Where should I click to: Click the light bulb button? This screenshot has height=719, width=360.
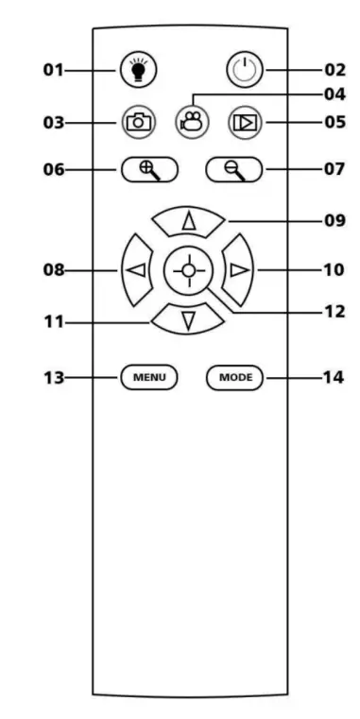point(138,70)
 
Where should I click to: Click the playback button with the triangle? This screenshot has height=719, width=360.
point(243,122)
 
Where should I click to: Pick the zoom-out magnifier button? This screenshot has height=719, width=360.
point(232,170)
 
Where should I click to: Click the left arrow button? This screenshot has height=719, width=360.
point(136,269)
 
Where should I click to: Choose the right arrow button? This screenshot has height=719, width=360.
point(241,269)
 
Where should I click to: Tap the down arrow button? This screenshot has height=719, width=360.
point(189,319)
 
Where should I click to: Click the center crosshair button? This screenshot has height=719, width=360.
point(189,270)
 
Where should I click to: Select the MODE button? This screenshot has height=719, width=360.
point(233,377)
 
